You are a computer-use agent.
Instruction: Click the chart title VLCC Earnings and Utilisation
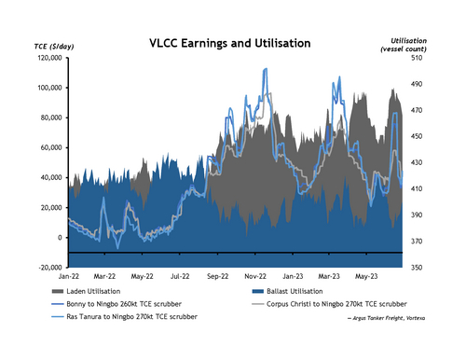pyautogui.click(x=232, y=43)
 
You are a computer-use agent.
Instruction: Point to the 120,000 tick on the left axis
pyautogui.click(x=48, y=58)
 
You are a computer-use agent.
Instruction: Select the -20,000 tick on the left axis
pyautogui.click(x=48, y=268)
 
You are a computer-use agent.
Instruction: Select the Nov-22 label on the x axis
pyautogui.click(x=256, y=277)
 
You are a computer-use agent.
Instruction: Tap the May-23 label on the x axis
pyautogui.click(x=366, y=277)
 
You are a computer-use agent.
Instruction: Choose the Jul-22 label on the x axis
pyautogui.click(x=181, y=277)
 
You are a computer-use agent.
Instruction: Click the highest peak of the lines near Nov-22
pyautogui.click(x=266, y=69)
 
